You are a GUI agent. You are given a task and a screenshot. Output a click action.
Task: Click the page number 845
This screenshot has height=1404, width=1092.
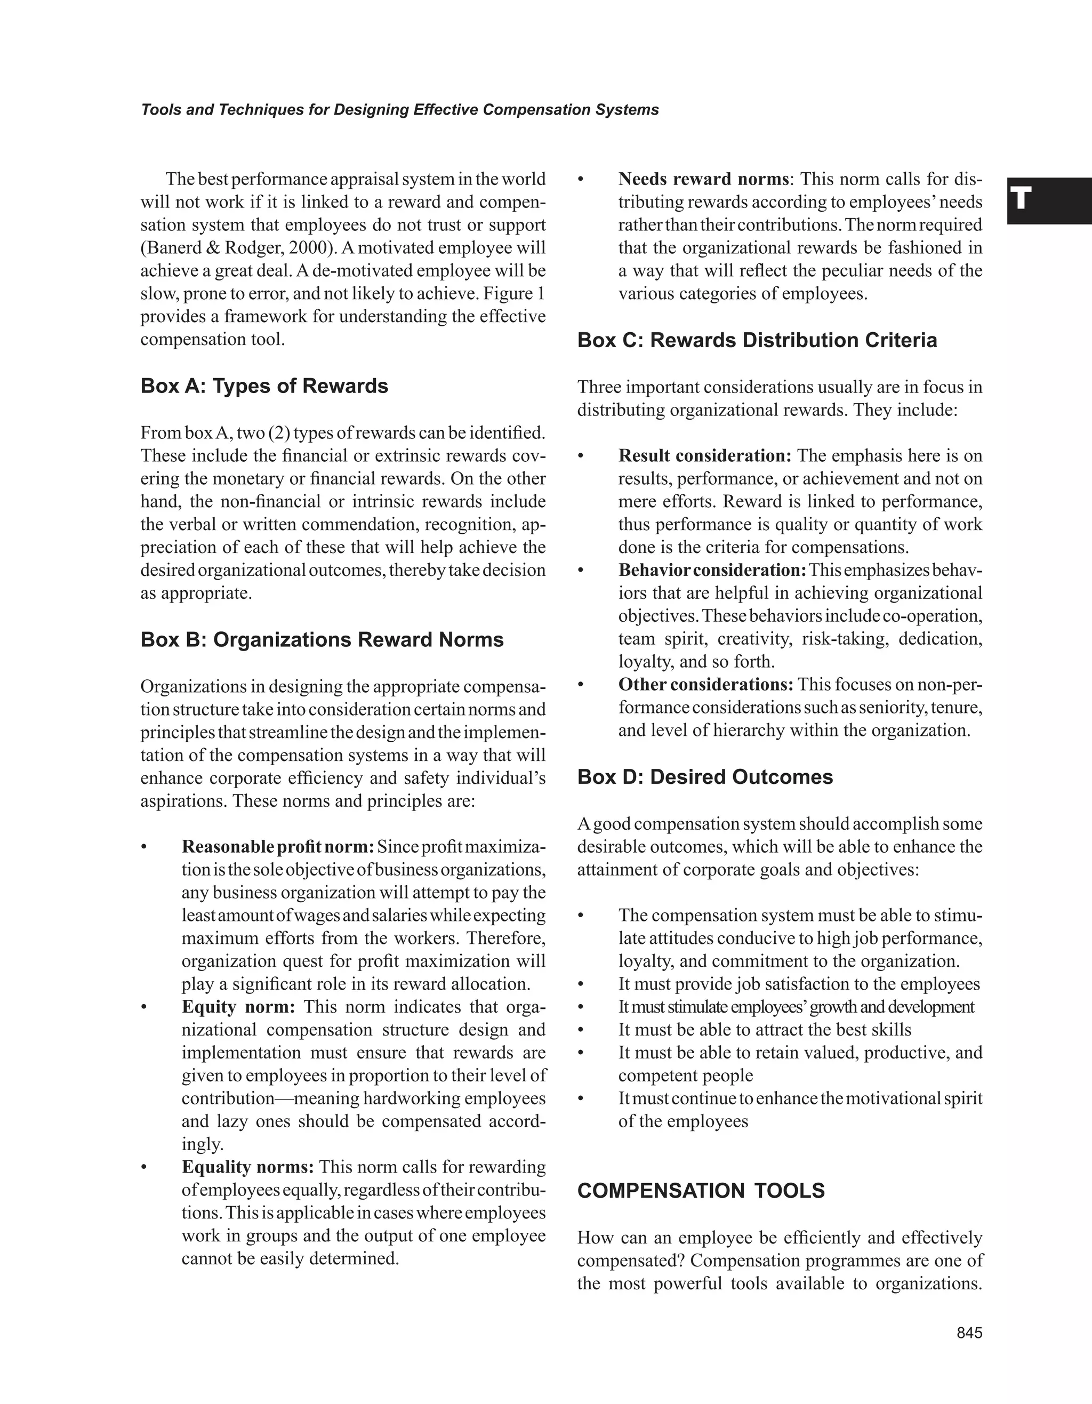[x=969, y=1333]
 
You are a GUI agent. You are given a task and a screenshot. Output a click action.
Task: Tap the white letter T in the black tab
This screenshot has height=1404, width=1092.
[x=1021, y=199]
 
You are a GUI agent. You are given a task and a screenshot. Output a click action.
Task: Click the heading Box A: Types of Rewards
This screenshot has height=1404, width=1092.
[x=264, y=387]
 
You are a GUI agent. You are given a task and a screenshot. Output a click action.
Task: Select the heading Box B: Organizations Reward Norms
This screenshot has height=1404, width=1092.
[x=322, y=640]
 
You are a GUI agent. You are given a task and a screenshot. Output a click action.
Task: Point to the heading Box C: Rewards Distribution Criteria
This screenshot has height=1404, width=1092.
[x=757, y=340]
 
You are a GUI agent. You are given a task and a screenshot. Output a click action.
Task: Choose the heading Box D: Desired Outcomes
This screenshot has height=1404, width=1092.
[x=705, y=777]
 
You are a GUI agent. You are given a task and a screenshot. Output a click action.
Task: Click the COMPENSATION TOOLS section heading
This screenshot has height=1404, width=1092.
[x=701, y=1191]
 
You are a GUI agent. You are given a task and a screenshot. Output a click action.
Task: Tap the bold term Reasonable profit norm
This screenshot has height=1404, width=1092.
[x=278, y=847]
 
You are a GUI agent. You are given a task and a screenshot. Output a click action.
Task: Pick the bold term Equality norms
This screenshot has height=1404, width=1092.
[x=248, y=1167]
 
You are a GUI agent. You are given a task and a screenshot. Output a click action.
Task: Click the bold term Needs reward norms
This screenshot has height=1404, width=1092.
[x=704, y=179]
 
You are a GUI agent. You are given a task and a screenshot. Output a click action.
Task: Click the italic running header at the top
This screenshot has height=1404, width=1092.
[x=400, y=110]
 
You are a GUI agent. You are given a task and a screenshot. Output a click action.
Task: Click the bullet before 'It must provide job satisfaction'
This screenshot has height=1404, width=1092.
[x=581, y=985]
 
